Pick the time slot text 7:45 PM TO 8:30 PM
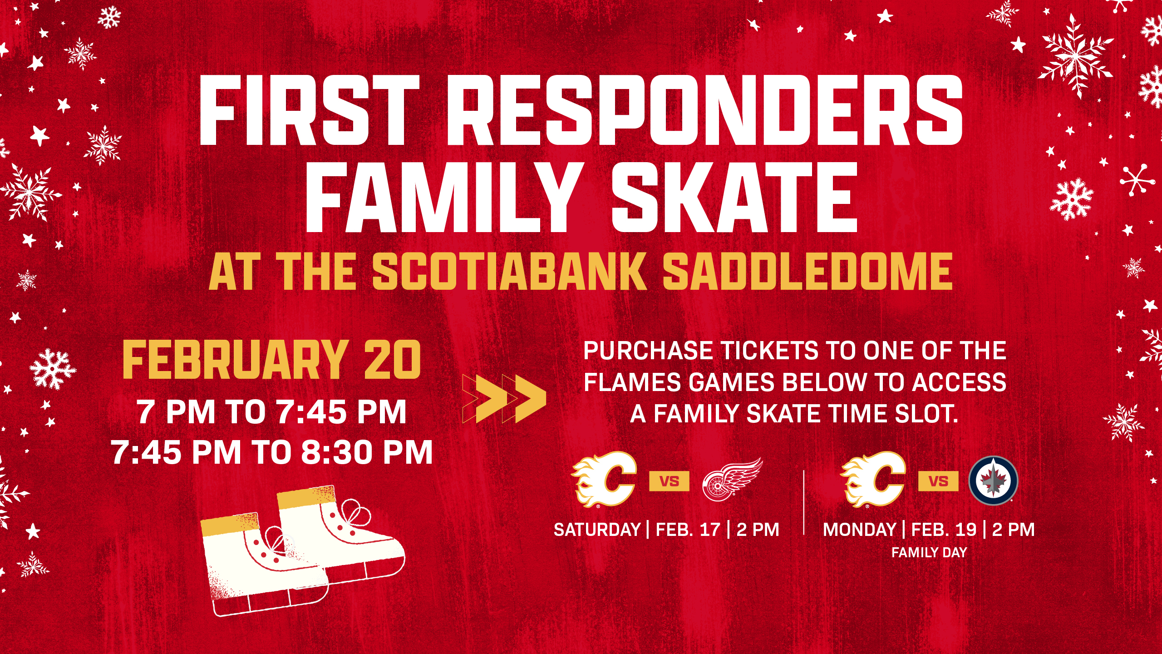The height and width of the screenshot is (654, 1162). point(272,452)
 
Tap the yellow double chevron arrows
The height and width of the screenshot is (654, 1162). point(505,398)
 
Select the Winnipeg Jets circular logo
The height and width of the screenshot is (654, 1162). point(993,481)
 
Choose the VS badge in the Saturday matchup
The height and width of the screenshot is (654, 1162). point(669,481)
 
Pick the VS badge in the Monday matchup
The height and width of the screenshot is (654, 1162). point(938,481)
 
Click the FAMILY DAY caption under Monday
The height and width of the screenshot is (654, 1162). point(929,552)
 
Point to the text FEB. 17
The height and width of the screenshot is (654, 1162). point(688,530)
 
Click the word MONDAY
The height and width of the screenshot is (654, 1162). point(860,530)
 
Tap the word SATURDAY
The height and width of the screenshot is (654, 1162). point(597,530)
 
